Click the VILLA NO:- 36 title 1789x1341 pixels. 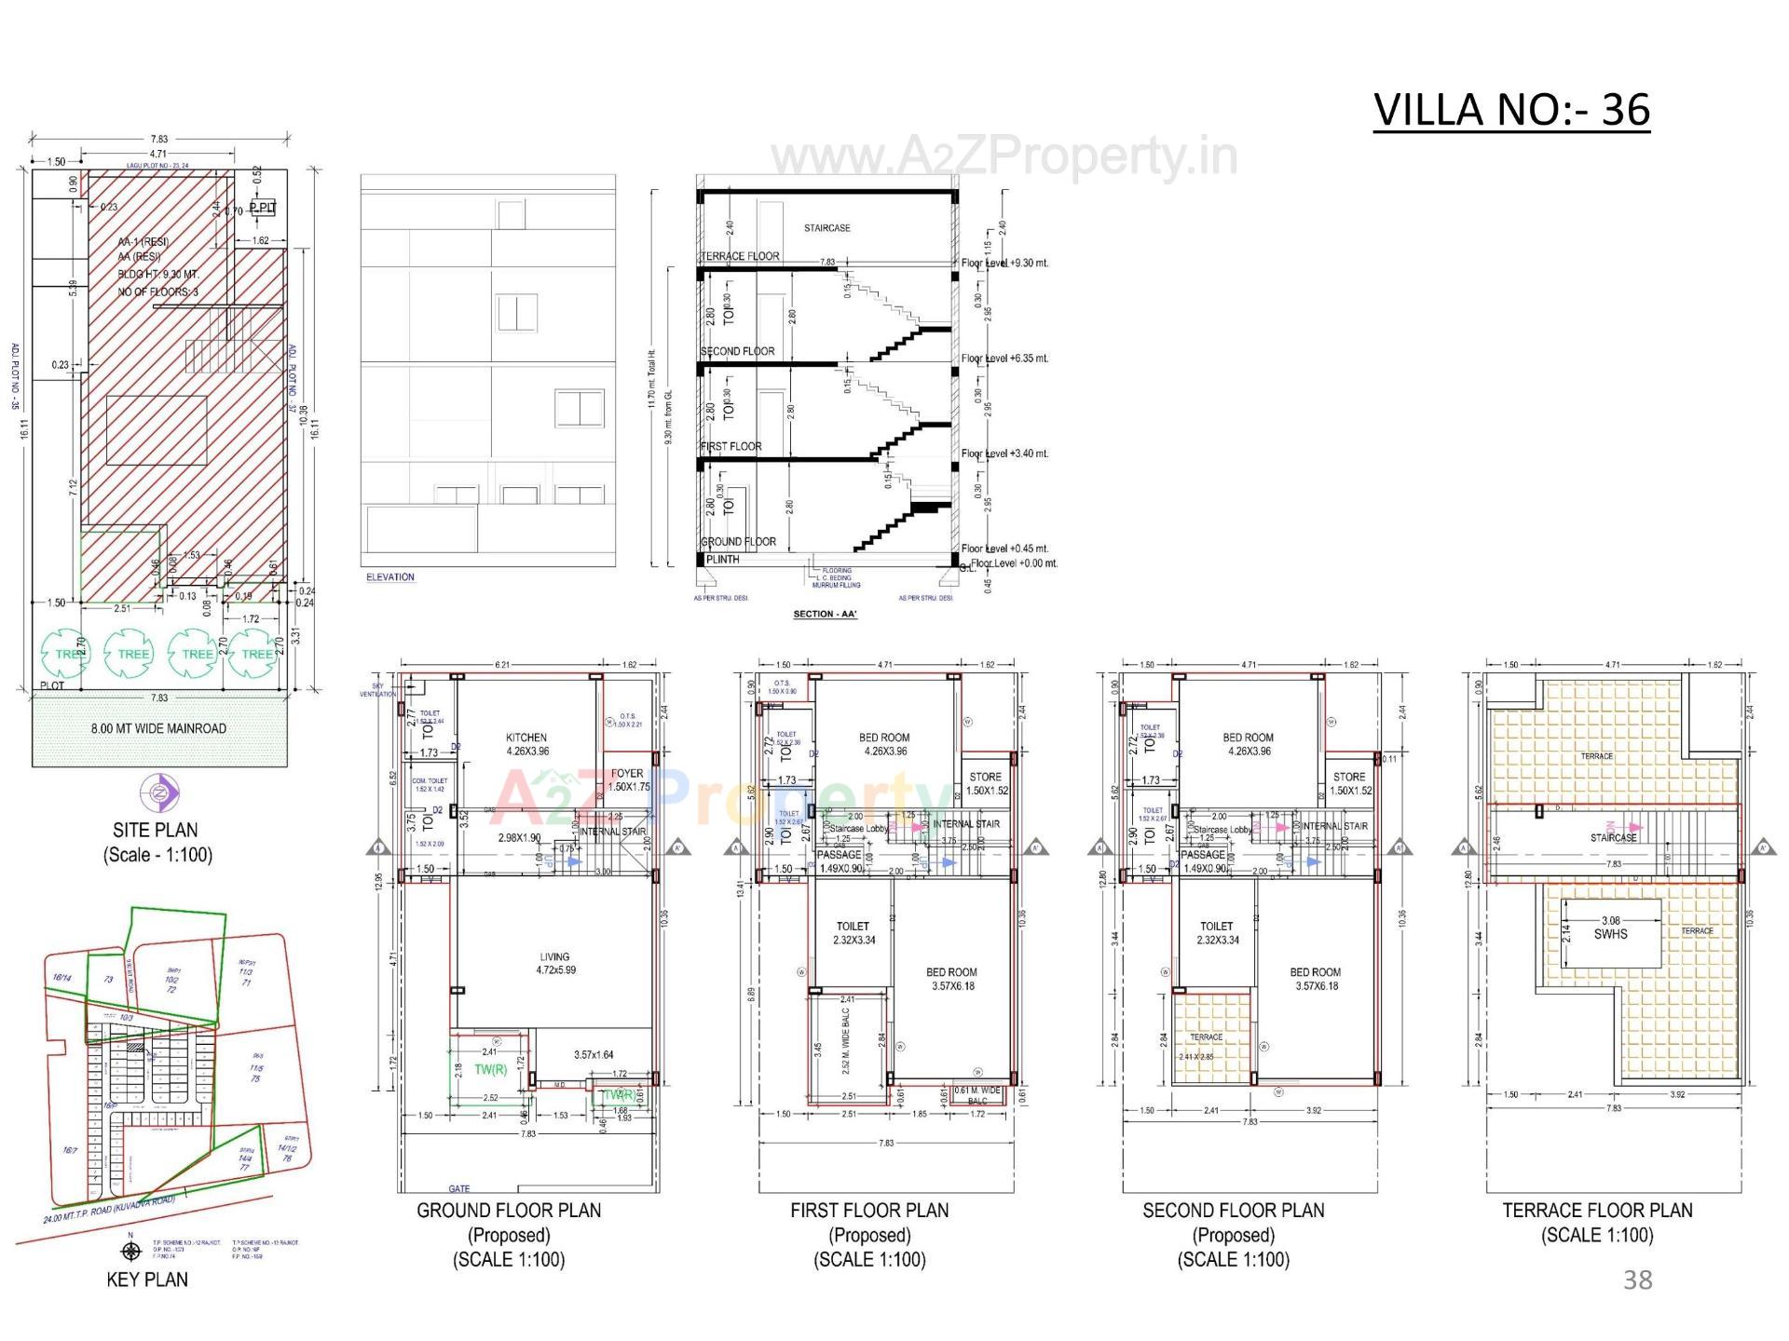point(1511,110)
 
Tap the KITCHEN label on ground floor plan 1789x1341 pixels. point(526,738)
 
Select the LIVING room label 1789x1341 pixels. point(554,956)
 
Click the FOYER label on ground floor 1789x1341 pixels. point(627,773)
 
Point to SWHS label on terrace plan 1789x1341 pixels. point(1610,934)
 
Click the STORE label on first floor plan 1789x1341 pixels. point(985,777)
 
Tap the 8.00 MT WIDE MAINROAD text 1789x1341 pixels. point(158,728)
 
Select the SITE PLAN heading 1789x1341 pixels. point(156,830)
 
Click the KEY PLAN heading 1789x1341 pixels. point(147,1280)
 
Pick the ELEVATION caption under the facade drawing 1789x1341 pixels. point(390,577)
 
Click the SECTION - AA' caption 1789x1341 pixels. point(825,615)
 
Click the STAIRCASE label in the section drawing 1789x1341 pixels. point(826,228)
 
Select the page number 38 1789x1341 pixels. point(1637,1280)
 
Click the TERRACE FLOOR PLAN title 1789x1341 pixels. point(1597,1211)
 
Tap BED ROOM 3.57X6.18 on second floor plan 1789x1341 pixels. point(1315,979)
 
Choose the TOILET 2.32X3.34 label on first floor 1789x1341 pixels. point(853,933)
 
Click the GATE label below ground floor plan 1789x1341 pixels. point(459,1189)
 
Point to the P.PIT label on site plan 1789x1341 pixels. point(263,208)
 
